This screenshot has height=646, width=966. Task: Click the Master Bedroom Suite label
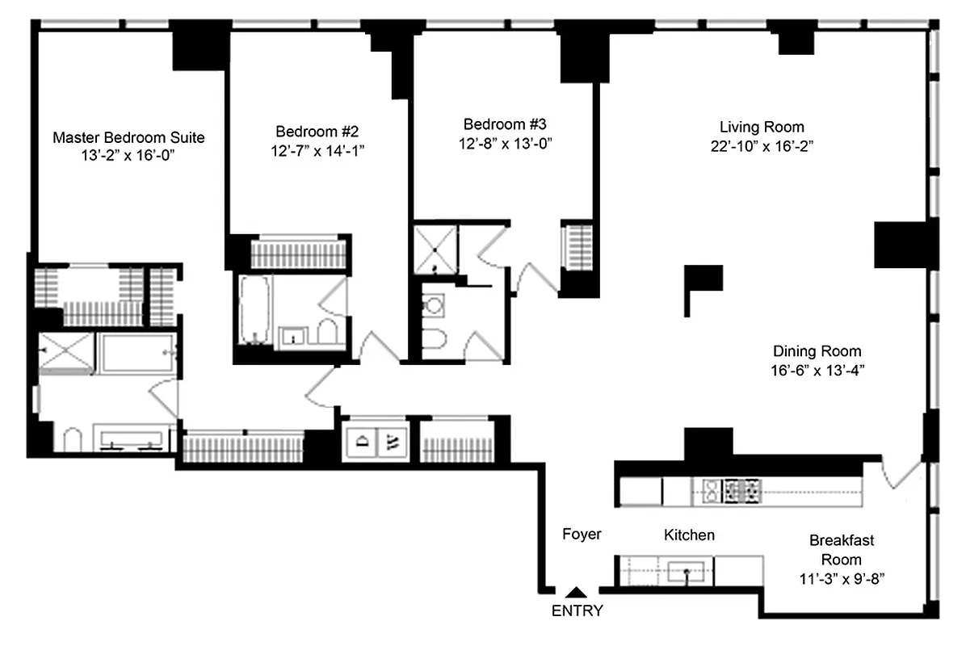[x=128, y=137]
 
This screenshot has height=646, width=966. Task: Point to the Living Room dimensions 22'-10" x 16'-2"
[x=762, y=146]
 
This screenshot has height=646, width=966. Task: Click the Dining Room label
[x=817, y=351]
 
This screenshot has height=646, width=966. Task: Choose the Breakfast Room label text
[x=841, y=549]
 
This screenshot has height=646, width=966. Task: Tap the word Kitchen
[x=689, y=535]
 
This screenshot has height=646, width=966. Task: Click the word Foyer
[x=582, y=534]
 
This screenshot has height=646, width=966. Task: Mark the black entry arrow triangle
[x=575, y=593]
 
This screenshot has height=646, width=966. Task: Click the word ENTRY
[x=577, y=610]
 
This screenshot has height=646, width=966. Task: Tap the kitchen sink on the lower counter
[x=687, y=572]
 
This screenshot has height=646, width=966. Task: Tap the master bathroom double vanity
[x=132, y=438]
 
